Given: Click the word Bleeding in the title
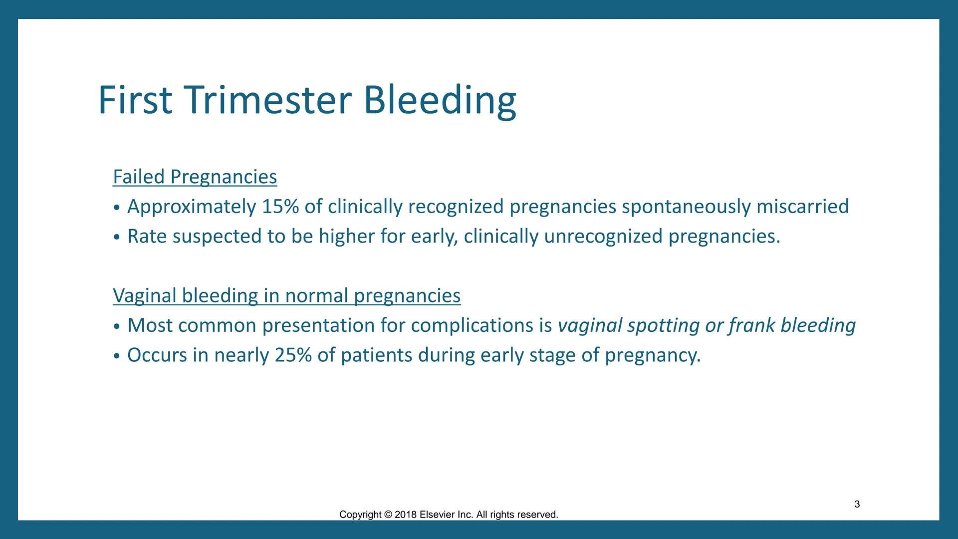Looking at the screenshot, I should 440,100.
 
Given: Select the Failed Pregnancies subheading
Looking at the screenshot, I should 195,177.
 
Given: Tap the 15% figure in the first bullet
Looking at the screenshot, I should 280,207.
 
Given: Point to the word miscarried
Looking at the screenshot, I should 802,207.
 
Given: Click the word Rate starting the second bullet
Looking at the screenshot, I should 147,237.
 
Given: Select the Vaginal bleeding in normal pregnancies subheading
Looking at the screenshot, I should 286,295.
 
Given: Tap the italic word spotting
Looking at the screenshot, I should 663,325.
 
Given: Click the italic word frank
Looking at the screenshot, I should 751,325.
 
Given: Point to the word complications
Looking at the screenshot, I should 472,325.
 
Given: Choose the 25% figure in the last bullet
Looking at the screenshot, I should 293,355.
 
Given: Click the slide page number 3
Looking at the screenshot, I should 857,504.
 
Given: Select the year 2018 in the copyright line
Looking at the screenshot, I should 405,515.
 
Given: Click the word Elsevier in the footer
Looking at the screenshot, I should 437,515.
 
